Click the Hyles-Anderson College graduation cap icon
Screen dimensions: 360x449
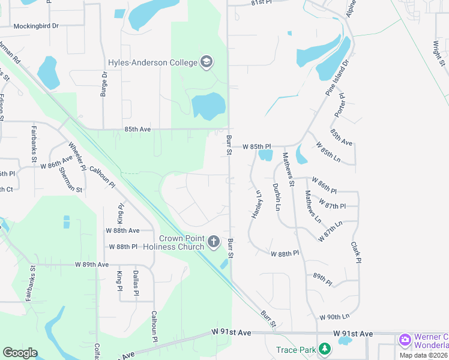(206, 62)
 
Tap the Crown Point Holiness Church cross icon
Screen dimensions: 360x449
(214, 242)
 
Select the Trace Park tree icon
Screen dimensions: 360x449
(325, 349)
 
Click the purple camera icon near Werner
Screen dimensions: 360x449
(405, 340)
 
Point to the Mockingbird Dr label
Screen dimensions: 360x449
(38, 26)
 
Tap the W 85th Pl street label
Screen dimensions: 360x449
(257, 146)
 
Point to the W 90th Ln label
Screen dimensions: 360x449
(334, 316)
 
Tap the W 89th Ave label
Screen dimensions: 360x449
(91, 264)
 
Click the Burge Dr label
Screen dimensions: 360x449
(104, 84)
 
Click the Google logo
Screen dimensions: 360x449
(20, 352)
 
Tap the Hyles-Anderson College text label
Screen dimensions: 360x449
(153, 62)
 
